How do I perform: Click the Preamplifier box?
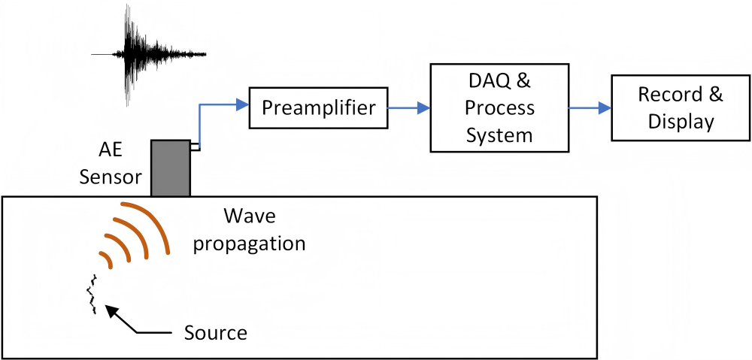click(318, 108)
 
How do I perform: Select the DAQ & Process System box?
click(499, 107)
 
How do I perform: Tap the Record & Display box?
click(680, 108)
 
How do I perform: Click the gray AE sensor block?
click(171, 168)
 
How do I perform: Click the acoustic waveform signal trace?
click(143, 54)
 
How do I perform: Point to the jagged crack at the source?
click(92, 295)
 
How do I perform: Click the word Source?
click(216, 331)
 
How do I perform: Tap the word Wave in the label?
click(250, 218)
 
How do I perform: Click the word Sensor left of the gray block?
click(110, 177)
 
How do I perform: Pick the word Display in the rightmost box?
click(680, 122)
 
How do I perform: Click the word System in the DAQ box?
click(499, 135)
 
